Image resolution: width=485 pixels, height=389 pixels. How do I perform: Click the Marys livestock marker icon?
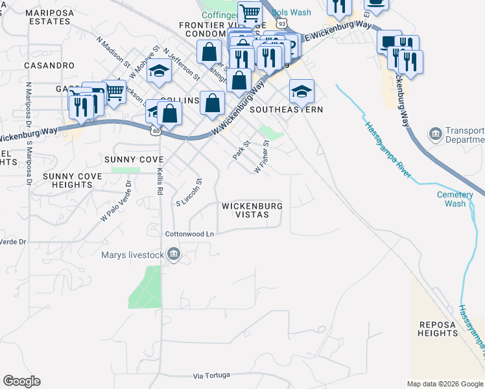[x=173, y=255]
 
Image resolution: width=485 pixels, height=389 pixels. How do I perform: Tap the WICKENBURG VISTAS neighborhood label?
[x=252, y=211]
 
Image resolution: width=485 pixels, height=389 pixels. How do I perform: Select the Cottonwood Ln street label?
[x=189, y=233]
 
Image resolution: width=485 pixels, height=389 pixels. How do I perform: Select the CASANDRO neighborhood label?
[x=49, y=65]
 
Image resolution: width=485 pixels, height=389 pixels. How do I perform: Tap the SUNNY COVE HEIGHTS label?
[x=67, y=180]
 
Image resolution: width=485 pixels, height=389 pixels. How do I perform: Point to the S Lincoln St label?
[x=190, y=193]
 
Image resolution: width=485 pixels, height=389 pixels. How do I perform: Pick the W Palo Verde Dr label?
[x=116, y=202]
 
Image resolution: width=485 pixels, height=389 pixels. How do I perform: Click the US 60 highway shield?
[x=156, y=130]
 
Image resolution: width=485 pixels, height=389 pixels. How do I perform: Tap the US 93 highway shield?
[x=281, y=23]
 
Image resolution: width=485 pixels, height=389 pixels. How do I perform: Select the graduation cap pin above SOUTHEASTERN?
[x=302, y=90]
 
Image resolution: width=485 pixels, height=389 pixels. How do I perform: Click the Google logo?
[x=21, y=381]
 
